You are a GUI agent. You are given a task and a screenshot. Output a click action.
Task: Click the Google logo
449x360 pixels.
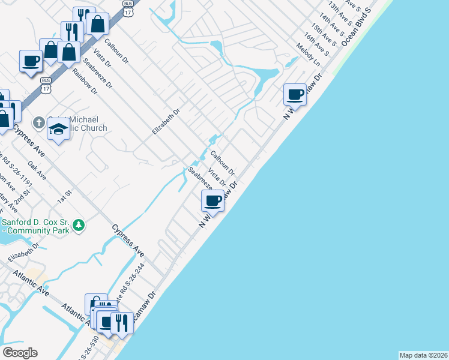(x=20, y=353)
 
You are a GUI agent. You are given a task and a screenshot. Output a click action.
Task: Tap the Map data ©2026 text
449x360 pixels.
(x=423, y=355)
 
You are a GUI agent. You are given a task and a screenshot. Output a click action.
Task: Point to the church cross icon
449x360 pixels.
(x=38, y=123)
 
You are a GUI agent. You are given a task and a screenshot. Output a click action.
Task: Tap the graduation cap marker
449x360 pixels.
(x=59, y=130)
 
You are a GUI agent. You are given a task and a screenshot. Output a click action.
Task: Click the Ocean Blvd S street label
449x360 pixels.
(x=357, y=28)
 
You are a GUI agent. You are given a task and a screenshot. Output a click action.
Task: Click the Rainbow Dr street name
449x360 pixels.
(x=85, y=79)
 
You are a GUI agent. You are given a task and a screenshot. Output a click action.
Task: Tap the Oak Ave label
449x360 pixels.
(x=37, y=170)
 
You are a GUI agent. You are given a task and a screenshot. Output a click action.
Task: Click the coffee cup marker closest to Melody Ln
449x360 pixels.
(x=295, y=94)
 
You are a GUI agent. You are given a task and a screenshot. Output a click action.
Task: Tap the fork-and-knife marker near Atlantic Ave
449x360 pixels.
(x=122, y=322)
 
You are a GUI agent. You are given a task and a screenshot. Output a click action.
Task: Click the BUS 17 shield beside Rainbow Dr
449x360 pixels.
(x=46, y=85)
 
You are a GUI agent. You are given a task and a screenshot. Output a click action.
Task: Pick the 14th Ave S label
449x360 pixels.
(x=330, y=25)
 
